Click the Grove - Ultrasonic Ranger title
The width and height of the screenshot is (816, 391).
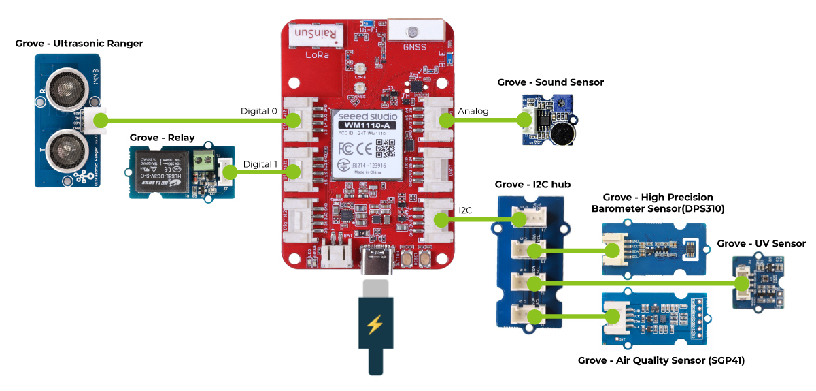(x=79, y=44)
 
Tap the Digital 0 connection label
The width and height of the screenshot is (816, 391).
(x=259, y=111)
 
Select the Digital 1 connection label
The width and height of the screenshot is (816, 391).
(x=260, y=164)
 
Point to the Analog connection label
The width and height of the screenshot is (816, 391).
(x=473, y=111)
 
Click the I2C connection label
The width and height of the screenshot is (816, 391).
(x=466, y=210)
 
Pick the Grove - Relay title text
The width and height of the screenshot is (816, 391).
(x=162, y=138)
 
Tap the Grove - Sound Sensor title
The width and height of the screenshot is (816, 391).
(x=550, y=82)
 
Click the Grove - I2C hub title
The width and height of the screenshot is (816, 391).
(x=532, y=185)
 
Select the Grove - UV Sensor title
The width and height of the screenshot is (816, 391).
(x=762, y=243)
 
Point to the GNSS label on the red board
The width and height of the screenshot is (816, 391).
(x=413, y=47)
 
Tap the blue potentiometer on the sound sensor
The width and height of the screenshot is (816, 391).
(x=543, y=102)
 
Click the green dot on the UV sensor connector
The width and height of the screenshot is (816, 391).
(x=741, y=283)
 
